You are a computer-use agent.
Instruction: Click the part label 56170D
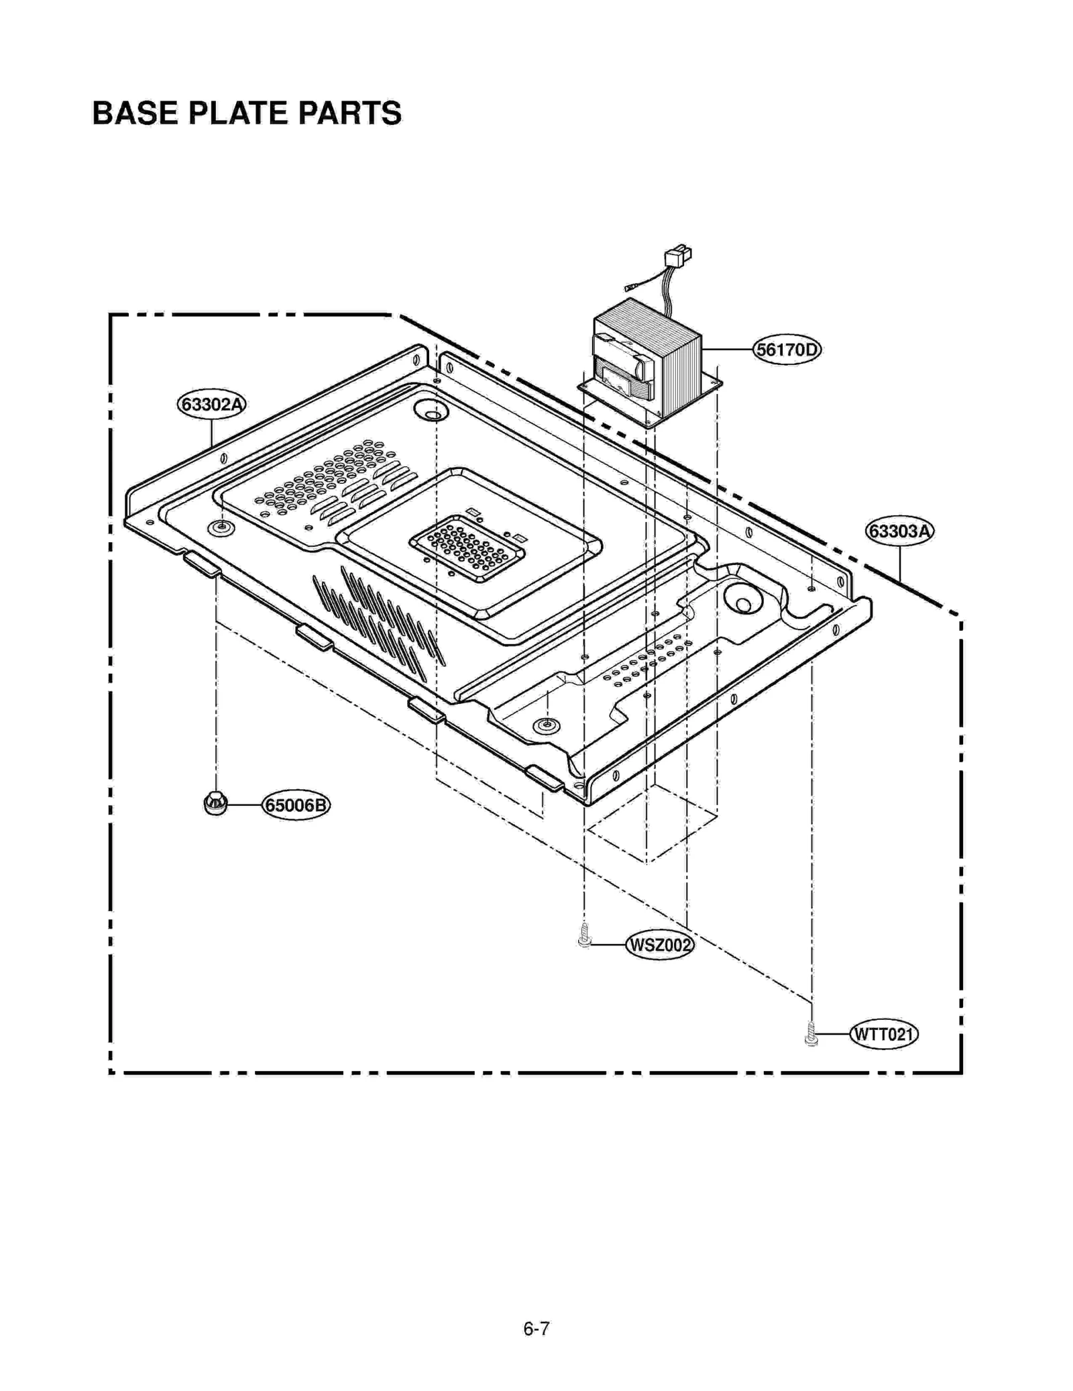[x=787, y=350]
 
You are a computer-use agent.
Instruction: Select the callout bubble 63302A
[x=211, y=405]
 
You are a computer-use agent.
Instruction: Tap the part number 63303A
[x=899, y=531]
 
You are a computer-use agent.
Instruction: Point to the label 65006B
[x=296, y=805]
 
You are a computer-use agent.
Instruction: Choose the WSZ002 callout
[x=659, y=945]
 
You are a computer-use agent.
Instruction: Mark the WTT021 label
[x=883, y=1034]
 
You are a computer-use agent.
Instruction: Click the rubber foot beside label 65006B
[x=215, y=803]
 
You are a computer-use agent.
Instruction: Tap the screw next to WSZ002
[x=584, y=935]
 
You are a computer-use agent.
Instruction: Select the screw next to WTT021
[x=811, y=1034]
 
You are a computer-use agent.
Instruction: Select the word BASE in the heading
[x=135, y=113]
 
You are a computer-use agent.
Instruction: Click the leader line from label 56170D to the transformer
[x=727, y=350]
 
